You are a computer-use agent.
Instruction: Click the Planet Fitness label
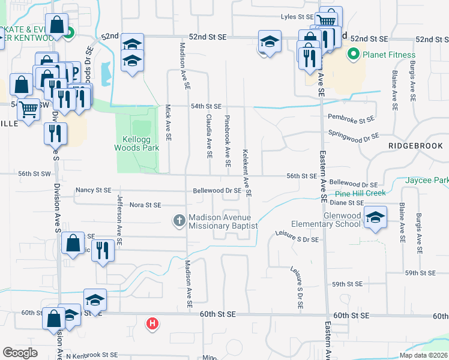coord(387,55)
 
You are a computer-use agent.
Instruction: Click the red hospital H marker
coord(153,324)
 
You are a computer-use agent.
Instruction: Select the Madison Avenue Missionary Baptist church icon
coord(178,221)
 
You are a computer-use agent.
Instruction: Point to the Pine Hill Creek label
coord(360,193)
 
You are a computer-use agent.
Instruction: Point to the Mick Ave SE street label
coord(169,123)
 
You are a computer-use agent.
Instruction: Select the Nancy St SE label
coord(93,190)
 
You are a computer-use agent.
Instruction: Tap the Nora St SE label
coord(145,205)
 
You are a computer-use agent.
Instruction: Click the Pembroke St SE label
coord(351,120)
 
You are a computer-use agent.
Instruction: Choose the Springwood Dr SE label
coord(354,136)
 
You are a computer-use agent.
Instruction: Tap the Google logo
coord(20,353)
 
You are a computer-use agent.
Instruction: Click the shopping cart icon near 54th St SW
coord(28,109)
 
